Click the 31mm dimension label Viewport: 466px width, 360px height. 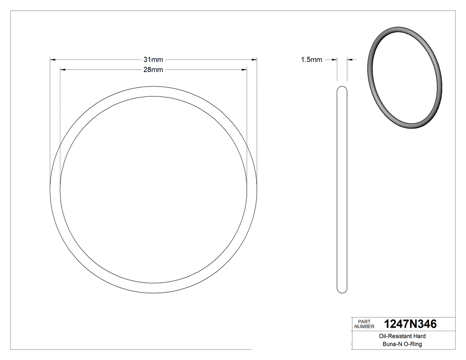tap(153, 59)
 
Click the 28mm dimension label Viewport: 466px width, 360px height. tap(153, 70)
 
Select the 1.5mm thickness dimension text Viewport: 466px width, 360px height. tap(311, 59)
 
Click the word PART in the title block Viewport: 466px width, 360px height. tap(364, 321)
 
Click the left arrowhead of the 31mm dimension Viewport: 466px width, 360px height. tap(52, 59)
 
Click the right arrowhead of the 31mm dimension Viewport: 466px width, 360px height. tap(255, 59)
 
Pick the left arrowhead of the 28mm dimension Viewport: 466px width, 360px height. tap(62, 69)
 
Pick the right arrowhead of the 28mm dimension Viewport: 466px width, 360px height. tap(245, 69)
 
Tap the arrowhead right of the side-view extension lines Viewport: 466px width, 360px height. tap(349, 59)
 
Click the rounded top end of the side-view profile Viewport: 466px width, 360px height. tap(342, 87)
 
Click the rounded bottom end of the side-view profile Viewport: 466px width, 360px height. tap(342, 291)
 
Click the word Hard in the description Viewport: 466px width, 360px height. tap(419, 336)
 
